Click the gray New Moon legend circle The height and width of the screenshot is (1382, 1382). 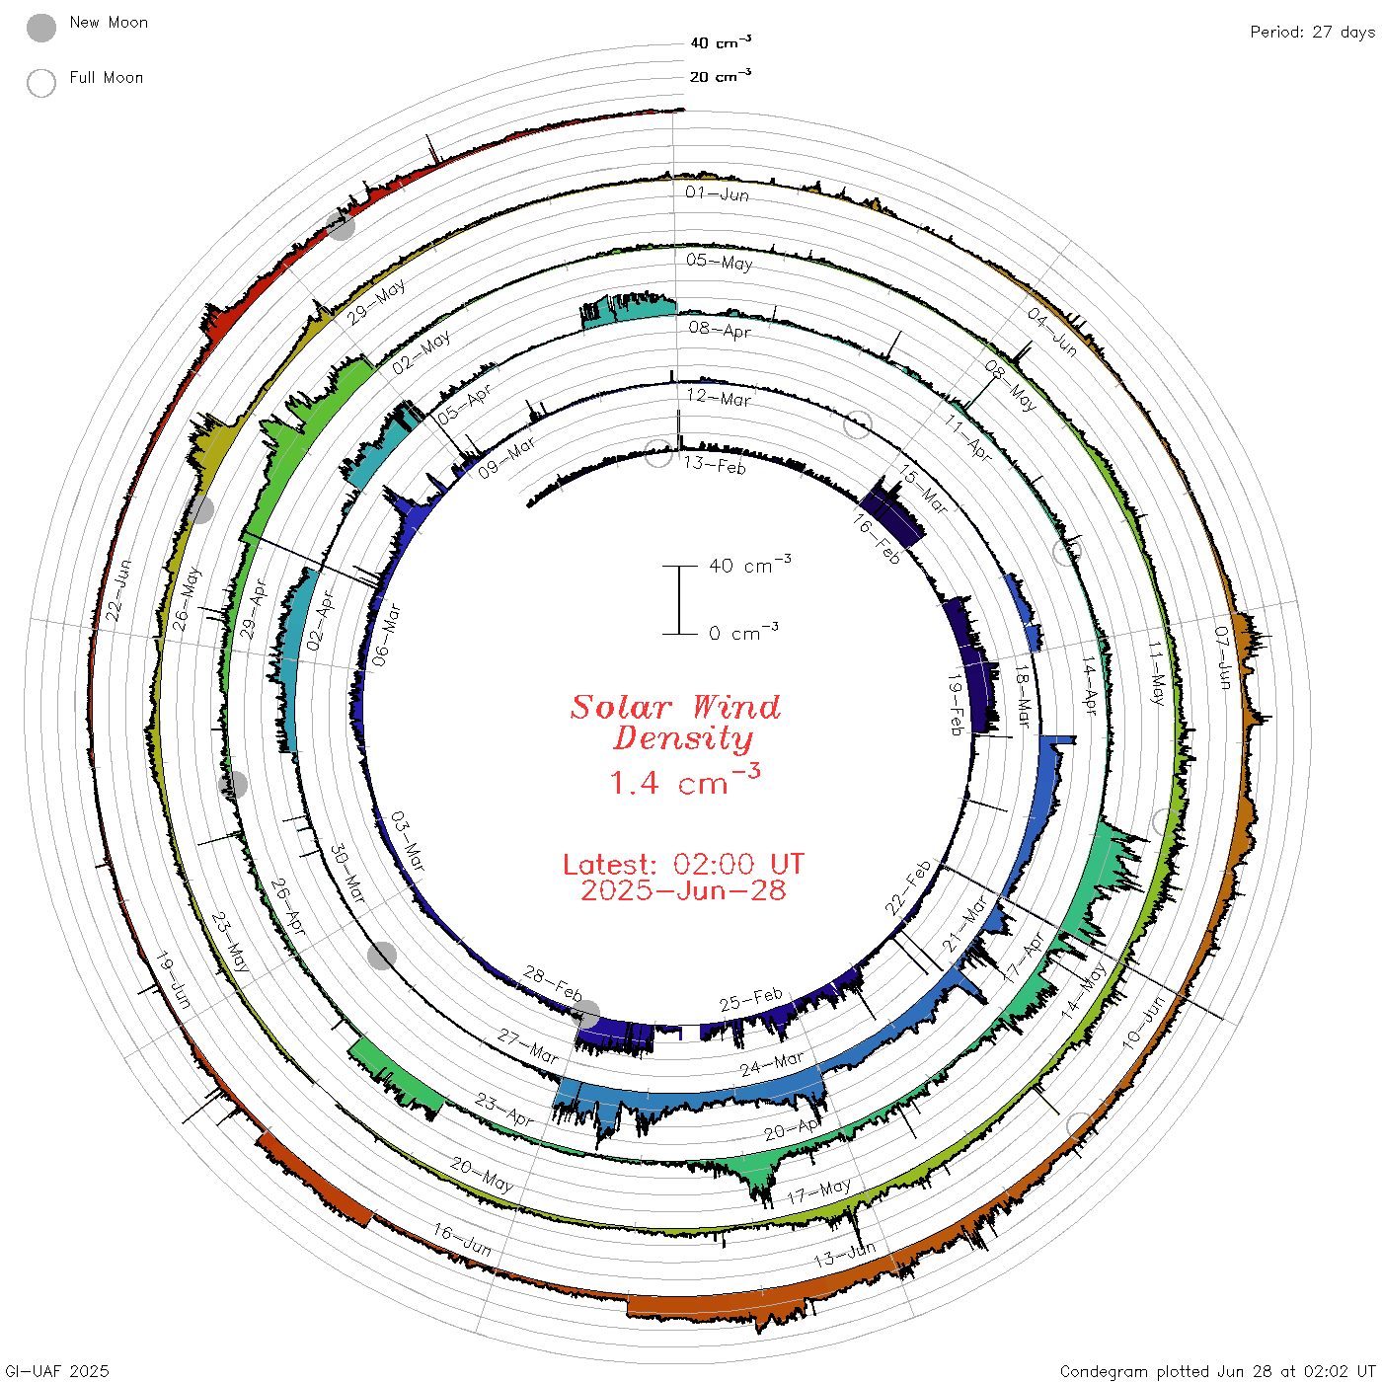pyautogui.click(x=40, y=28)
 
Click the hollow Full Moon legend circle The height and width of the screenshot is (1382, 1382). pyautogui.click(x=40, y=83)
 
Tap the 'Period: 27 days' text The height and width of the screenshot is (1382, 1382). pyautogui.click(x=1313, y=33)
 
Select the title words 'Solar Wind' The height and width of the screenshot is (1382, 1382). pyautogui.click(x=675, y=707)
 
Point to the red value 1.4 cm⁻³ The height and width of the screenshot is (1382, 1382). pyautogui.click(x=685, y=780)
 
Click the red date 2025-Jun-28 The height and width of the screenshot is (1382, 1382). pyautogui.click(x=683, y=890)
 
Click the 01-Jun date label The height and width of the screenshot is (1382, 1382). pyautogui.click(x=717, y=193)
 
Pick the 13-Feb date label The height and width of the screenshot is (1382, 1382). pyautogui.click(x=715, y=465)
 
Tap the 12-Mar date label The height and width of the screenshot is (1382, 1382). pyautogui.click(x=719, y=397)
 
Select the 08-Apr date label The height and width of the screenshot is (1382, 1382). pyautogui.click(x=720, y=329)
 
